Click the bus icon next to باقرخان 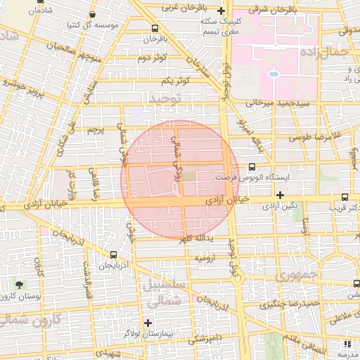click(155, 28)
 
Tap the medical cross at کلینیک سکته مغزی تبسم click(221, 11)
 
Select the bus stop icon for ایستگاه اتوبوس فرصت click(252, 167)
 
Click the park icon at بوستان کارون click(19, 285)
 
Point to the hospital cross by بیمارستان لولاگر click(148, 322)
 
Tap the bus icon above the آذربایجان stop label click(114, 255)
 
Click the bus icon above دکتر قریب click(344, 198)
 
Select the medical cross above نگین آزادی click(280, 195)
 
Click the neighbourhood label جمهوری click(298, 273)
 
